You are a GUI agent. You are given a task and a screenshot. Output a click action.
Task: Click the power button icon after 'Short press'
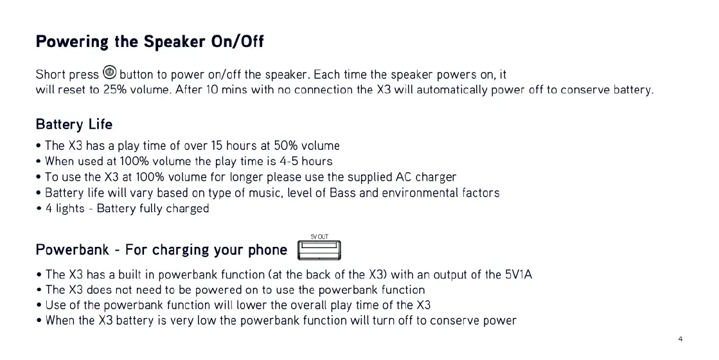click(x=110, y=73)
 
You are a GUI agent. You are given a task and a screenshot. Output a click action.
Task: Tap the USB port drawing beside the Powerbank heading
click(x=319, y=251)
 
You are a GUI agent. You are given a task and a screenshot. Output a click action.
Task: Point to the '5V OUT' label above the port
click(x=319, y=237)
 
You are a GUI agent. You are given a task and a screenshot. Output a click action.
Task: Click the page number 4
click(x=680, y=339)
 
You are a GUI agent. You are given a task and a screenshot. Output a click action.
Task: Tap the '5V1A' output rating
click(x=519, y=274)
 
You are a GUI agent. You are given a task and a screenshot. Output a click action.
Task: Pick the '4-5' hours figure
click(x=289, y=161)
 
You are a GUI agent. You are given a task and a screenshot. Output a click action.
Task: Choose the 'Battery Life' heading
click(x=74, y=124)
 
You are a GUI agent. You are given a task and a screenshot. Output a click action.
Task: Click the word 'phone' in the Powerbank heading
click(x=268, y=251)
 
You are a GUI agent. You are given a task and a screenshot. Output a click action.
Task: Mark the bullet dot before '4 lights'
click(x=39, y=209)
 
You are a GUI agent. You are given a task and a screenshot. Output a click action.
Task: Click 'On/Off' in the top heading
click(x=238, y=42)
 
